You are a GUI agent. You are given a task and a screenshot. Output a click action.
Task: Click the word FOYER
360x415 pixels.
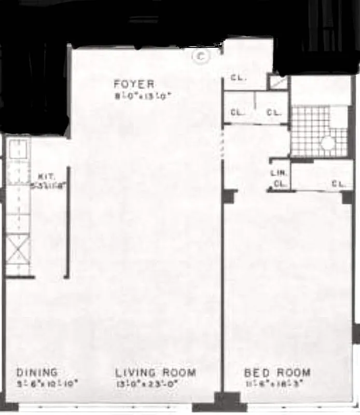coord(134,84)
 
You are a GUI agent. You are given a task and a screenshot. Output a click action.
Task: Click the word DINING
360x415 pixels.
coord(37,372)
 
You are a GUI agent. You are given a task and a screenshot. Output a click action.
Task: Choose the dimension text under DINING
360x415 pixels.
coord(47,384)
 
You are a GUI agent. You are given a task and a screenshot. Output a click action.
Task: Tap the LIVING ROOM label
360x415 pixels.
coord(156,372)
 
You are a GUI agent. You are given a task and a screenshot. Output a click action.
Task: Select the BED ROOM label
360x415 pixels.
coord(278,372)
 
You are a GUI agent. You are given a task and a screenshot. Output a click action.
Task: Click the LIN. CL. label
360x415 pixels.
coord(279,178)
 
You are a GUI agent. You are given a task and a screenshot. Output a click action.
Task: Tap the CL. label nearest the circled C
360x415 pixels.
coord(238,79)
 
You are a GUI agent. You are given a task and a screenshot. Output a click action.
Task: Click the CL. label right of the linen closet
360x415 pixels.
coord(338,183)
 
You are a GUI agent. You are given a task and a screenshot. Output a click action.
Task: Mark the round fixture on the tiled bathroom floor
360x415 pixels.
coord(327,143)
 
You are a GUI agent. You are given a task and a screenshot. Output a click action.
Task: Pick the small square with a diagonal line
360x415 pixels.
coord(278,82)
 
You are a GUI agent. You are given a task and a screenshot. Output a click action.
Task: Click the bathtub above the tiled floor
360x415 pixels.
coord(320,91)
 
